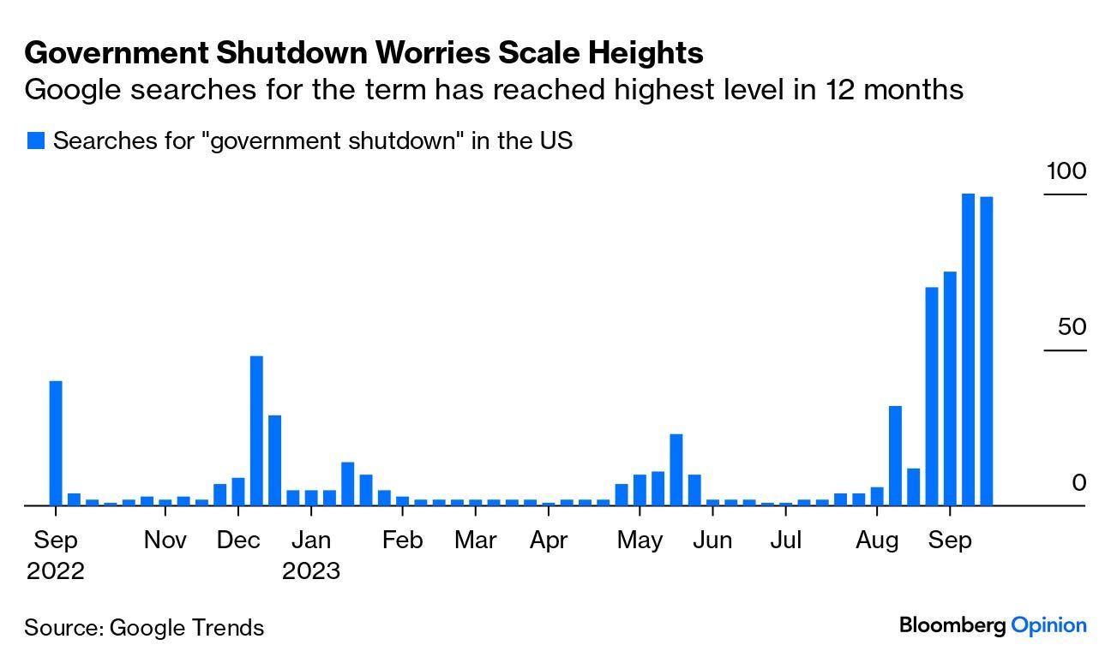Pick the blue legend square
(x=35, y=141)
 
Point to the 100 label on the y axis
(x=1066, y=171)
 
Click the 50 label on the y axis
(x=1071, y=327)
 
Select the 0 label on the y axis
(x=1078, y=483)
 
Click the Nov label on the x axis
(x=165, y=541)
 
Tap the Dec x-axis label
(x=238, y=541)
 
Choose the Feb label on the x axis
(x=402, y=541)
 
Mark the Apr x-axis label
(x=549, y=541)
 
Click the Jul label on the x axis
(x=785, y=541)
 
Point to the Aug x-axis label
(x=877, y=541)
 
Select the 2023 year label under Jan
(x=311, y=570)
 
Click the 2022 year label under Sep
(x=56, y=570)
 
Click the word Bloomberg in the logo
(x=952, y=626)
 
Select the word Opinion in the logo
(x=1048, y=626)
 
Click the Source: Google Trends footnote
(x=144, y=628)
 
